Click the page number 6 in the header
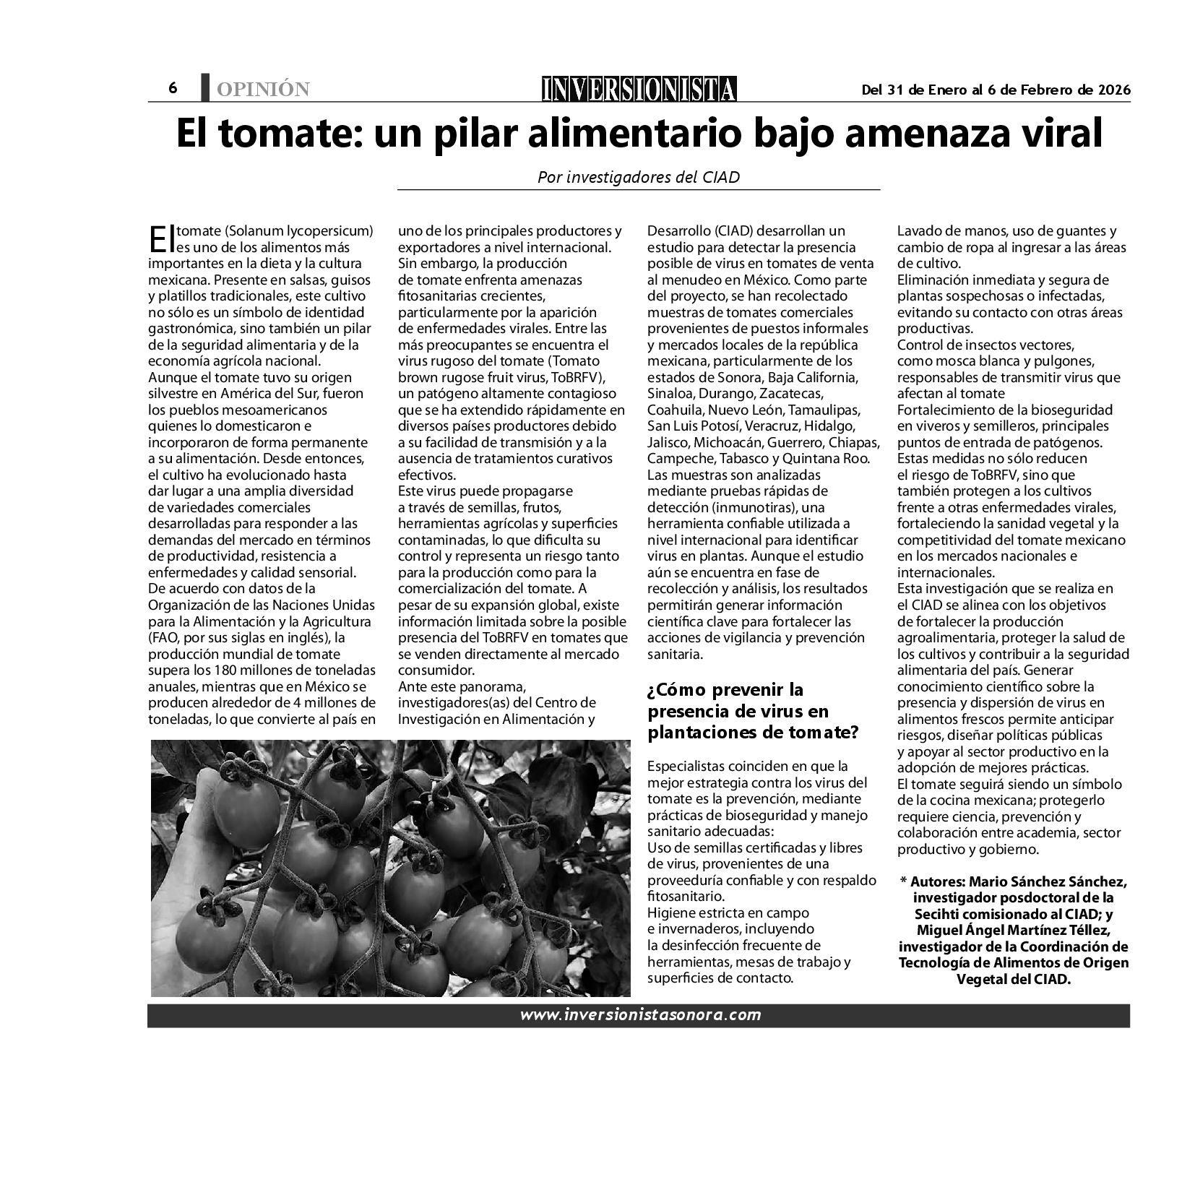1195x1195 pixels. pyautogui.click(x=173, y=88)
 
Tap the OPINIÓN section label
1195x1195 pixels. pyautogui.click(x=262, y=90)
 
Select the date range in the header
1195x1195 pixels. pyautogui.click(x=996, y=90)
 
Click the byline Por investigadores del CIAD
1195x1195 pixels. pyautogui.click(x=639, y=177)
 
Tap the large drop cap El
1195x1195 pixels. pyautogui.click(x=161, y=236)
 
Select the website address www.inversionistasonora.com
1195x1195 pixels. pyautogui.click(x=640, y=1015)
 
